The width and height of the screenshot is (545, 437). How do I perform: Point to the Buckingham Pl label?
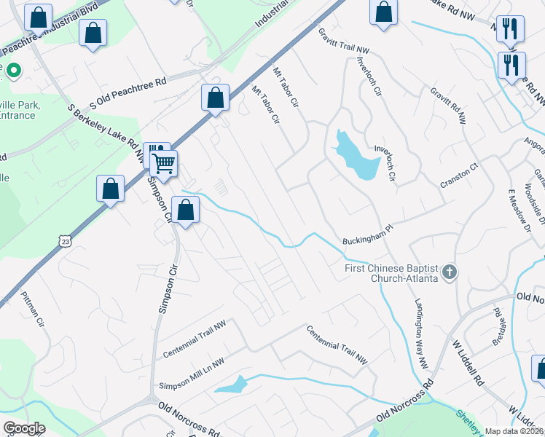pyautogui.click(x=368, y=240)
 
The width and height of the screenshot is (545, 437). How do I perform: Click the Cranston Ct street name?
pyautogui.click(x=458, y=178)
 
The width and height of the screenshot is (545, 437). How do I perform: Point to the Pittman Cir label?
pyautogui.click(x=34, y=310)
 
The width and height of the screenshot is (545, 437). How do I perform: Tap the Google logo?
pyautogui.click(x=24, y=428)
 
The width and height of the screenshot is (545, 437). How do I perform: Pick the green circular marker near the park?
pyautogui.click(x=14, y=71)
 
